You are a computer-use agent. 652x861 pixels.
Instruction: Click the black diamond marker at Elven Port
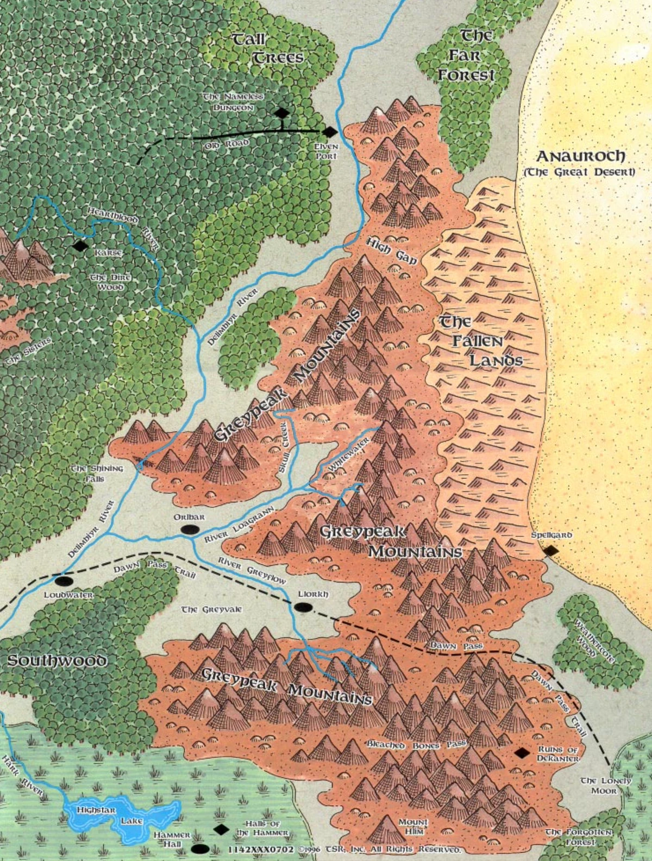[x=329, y=132]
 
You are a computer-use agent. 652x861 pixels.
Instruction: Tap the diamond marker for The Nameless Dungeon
[x=281, y=113]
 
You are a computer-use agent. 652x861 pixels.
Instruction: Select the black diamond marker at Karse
[x=80, y=246]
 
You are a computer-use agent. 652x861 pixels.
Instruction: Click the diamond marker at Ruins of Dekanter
[x=522, y=753]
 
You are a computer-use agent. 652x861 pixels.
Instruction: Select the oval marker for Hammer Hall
[x=200, y=848]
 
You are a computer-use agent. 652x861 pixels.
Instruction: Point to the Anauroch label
[x=580, y=157]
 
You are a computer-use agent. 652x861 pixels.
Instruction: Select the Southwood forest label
[x=57, y=660]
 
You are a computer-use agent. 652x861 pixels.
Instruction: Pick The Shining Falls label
[x=97, y=473]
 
